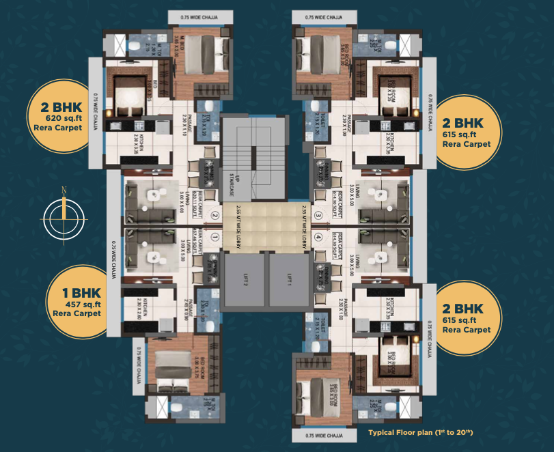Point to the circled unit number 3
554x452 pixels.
pyautogui.click(x=318, y=216)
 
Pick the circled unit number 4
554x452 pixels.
pyautogui.click(x=318, y=237)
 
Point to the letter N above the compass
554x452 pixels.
pyautogui.click(x=63, y=190)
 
